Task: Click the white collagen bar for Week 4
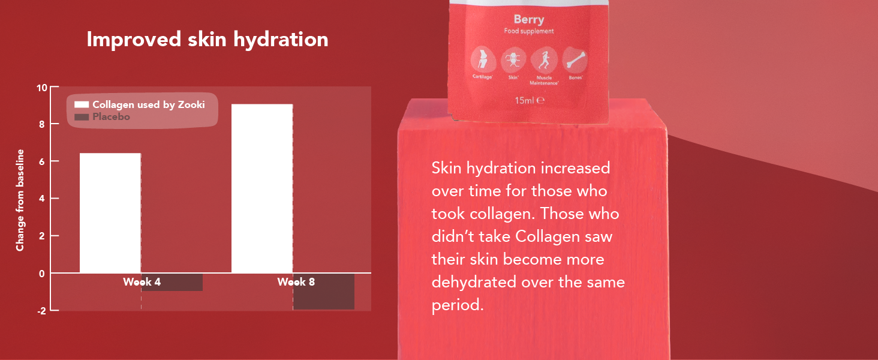[110, 213]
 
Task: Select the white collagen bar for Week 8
[262, 188]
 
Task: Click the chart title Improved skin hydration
[208, 40]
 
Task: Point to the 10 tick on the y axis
[41, 87]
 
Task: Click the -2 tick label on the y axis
[40, 310]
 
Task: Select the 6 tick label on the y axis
[41, 161]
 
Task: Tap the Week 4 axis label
[142, 281]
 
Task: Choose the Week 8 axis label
[296, 281]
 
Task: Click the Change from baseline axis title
[20, 200]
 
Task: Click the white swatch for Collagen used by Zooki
[82, 104]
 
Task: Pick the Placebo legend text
[111, 116]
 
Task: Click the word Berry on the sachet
[529, 19]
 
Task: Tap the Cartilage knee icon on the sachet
[483, 60]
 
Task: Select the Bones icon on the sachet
[574, 60]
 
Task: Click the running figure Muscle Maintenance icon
[544, 60]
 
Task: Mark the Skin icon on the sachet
[513, 60]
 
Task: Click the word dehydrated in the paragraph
[472, 282]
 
